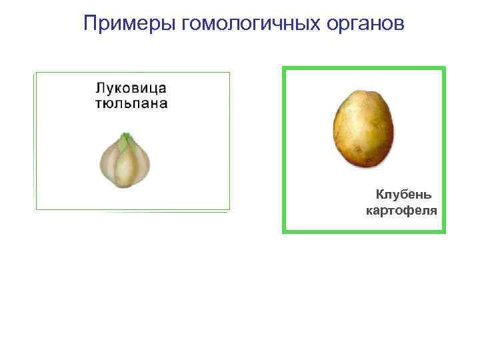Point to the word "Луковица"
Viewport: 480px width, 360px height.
[131, 89]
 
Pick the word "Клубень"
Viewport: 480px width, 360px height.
[403, 195]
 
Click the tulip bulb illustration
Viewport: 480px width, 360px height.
[125, 161]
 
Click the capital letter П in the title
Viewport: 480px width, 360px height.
[91, 24]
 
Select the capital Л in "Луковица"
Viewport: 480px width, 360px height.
[99, 89]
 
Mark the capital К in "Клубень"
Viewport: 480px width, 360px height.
[379, 195]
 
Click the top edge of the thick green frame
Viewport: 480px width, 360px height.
[364, 67]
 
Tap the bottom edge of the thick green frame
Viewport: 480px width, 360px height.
[364, 231]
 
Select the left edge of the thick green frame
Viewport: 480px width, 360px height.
[284, 149]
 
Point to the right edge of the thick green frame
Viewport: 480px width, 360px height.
[443, 149]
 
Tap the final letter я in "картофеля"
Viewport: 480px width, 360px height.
[433, 211]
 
